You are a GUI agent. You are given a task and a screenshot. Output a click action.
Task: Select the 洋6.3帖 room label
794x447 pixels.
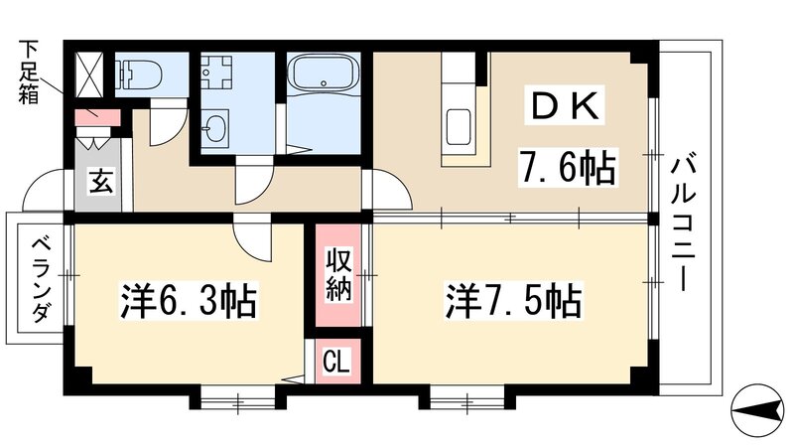(189, 301)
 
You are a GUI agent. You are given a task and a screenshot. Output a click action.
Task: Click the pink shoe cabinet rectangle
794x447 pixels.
(98, 116)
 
